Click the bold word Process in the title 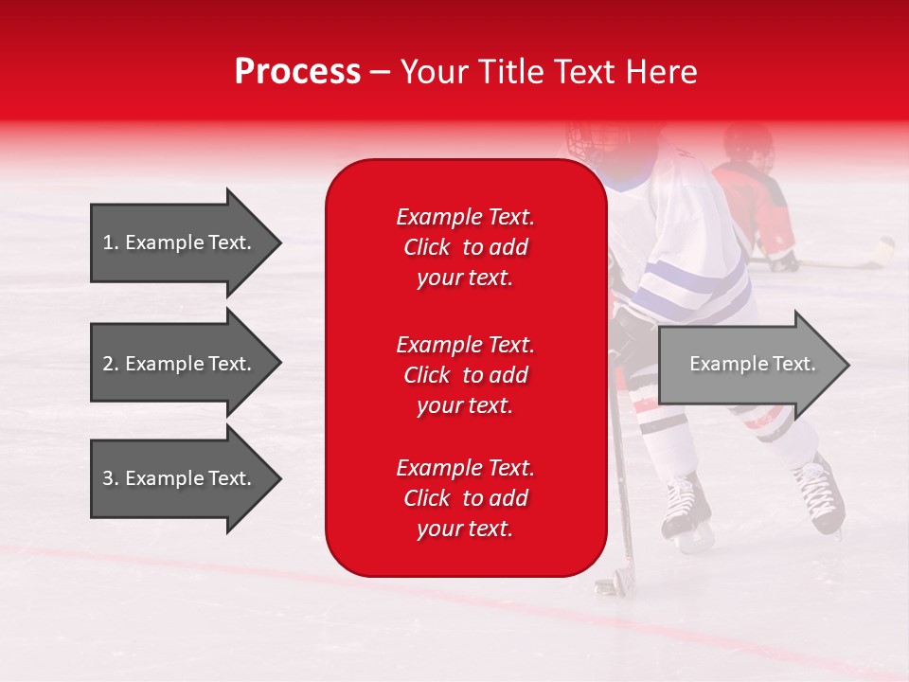point(297,72)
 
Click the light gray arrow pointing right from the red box point(753,365)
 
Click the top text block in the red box point(465,247)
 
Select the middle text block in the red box point(465,375)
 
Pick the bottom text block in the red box point(465,498)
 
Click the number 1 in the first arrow point(108,242)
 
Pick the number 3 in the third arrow point(108,478)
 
